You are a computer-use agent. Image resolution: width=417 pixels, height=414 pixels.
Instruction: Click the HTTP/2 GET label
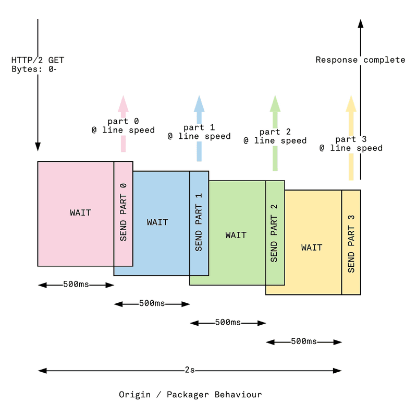38,60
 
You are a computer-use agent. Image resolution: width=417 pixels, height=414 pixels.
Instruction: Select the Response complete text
360,60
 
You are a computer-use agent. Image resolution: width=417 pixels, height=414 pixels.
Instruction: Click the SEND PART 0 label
124,212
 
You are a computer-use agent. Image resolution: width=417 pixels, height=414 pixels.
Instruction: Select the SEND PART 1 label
199,222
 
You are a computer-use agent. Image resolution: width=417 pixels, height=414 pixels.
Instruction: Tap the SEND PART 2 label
275,232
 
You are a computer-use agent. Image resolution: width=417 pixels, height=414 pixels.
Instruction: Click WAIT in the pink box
80,212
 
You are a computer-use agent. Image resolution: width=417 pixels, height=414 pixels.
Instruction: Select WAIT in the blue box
157,222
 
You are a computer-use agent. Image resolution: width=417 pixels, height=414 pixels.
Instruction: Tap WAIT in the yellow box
311,247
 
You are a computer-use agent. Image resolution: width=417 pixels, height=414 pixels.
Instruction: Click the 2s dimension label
190,370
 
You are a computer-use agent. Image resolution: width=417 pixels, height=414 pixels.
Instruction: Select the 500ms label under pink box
76,285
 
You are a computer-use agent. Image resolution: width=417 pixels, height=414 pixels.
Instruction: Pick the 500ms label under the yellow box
304,341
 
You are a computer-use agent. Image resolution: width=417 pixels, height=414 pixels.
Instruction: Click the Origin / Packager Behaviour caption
190,394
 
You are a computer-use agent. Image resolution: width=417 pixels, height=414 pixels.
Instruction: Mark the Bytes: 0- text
33,68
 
